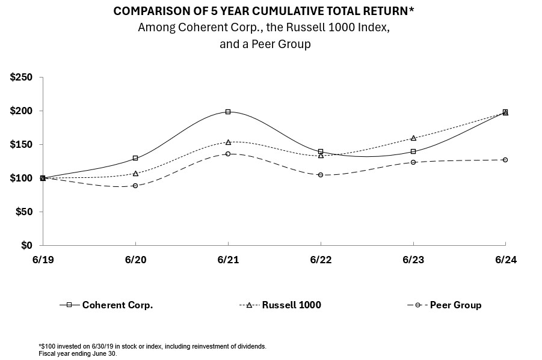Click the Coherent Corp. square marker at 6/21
[228, 112]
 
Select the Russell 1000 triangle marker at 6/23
[413, 138]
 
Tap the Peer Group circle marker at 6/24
[505, 160]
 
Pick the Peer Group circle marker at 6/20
[135, 186]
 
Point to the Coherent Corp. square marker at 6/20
[135, 158]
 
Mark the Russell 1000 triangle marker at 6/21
[228, 142]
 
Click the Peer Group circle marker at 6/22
[321, 175]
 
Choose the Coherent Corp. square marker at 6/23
[413, 151]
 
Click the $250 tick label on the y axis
[22, 78]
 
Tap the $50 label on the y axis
[25, 212]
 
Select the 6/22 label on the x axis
[321, 260]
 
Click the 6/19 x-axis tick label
[43, 260]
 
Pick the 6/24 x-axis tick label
[505, 260]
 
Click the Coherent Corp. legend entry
[117, 305]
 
